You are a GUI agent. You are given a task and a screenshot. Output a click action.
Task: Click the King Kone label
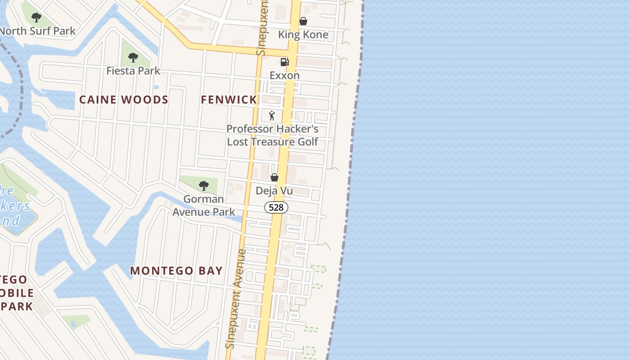tap(303, 35)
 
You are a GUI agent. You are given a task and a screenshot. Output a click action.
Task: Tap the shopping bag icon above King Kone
tap(303, 21)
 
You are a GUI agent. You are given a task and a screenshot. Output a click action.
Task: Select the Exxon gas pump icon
tap(284, 62)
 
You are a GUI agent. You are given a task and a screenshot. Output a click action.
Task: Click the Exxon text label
tap(284, 75)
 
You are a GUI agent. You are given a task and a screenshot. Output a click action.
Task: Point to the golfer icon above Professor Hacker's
tap(272, 116)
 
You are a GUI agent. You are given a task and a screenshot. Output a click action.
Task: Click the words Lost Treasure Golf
tap(272, 142)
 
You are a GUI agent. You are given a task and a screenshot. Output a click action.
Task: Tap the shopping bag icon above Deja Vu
tap(274, 178)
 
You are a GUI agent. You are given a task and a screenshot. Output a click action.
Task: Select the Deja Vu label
tap(274, 191)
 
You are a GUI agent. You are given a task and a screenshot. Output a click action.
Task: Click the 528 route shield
tap(276, 207)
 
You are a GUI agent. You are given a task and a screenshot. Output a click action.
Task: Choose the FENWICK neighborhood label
tap(229, 99)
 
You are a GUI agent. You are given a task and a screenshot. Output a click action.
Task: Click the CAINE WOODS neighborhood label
tap(124, 99)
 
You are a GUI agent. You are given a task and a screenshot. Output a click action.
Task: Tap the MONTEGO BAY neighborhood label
tap(176, 270)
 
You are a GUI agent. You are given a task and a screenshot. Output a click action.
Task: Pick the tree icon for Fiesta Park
tap(133, 58)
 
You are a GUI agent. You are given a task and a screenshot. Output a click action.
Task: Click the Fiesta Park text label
tap(133, 71)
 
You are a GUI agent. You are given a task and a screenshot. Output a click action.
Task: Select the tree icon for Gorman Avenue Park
tap(204, 185)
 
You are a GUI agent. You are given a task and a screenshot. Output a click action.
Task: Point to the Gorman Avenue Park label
tap(204, 205)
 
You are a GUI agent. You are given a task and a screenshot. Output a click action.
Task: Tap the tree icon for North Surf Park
tap(36, 18)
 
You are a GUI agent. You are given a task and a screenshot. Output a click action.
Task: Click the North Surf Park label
tap(38, 31)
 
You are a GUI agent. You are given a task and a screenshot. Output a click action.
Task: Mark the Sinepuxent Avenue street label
tap(236, 299)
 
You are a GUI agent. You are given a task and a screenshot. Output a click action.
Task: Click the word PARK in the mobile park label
tap(17, 306)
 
